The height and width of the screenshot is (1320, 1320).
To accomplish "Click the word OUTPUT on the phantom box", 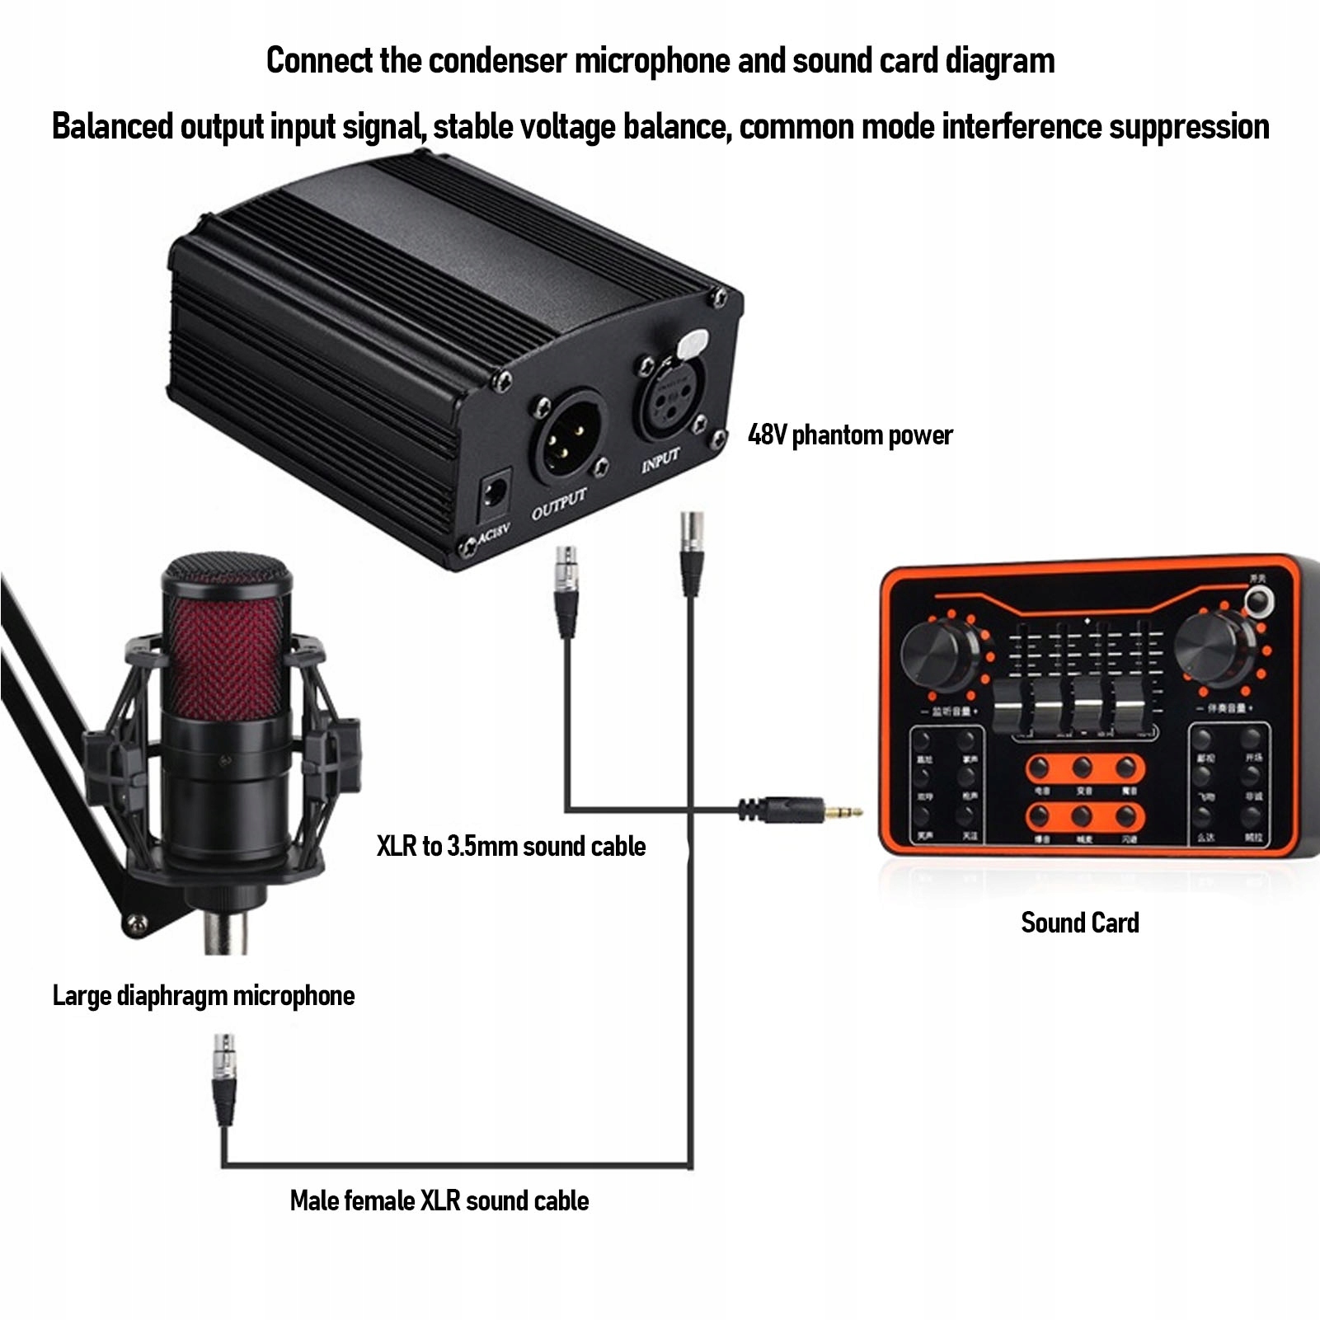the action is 559,504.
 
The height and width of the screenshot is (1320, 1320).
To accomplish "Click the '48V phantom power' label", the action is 849,435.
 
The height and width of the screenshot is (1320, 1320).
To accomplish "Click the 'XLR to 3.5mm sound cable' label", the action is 510,846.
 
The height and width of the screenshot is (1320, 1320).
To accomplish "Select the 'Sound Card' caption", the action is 1079,922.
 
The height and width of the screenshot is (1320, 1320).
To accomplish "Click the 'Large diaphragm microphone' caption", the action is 203,995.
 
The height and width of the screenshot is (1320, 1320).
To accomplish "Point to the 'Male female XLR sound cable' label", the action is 439,1200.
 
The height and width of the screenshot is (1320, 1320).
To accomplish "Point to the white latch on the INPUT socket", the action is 693,343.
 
